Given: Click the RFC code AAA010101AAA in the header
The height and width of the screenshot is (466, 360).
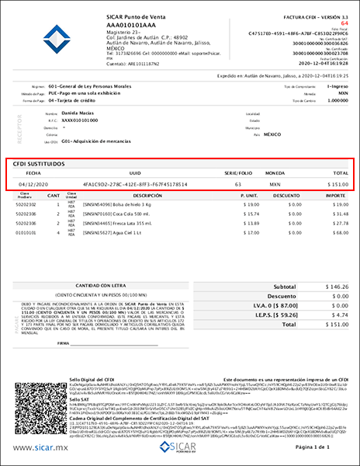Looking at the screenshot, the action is pos(130,26).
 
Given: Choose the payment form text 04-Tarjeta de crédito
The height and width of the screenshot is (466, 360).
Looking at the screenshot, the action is pos(75,100).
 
